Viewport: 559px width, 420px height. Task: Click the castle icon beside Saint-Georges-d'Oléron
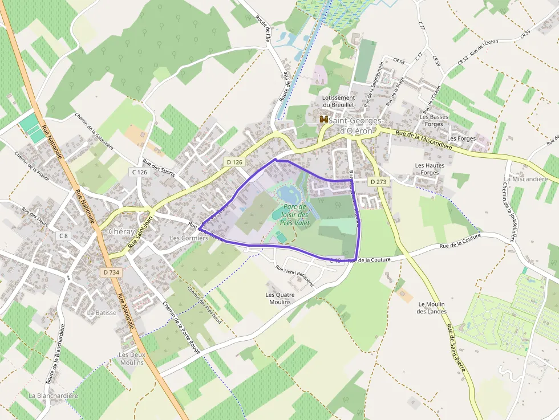click(324, 120)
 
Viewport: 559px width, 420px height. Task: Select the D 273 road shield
click(378, 182)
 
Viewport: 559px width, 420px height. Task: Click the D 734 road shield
click(112, 272)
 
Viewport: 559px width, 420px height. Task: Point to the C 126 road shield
click(139, 172)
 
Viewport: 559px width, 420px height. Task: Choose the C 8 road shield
click(63, 235)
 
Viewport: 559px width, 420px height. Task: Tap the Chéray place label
click(121, 232)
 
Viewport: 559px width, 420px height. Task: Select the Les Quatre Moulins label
click(278, 298)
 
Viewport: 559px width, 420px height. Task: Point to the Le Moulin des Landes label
click(431, 308)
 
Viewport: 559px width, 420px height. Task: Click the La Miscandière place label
click(525, 179)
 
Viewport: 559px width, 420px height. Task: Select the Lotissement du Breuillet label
click(338, 101)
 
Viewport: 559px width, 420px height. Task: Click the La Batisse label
click(102, 312)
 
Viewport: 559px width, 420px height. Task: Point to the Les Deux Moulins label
click(131, 358)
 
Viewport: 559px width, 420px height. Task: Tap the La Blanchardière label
click(53, 395)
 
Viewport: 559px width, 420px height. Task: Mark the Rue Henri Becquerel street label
click(294, 276)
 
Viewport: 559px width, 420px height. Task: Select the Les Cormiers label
click(189, 238)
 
